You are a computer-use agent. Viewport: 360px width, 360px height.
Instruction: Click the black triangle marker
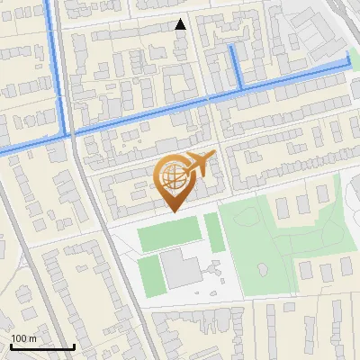pyautogui.click(x=181, y=24)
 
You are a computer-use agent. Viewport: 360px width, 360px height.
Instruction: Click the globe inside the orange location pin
pyautogui.click(x=174, y=176)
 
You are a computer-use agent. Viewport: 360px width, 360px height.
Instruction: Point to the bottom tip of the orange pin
pyautogui.click(x=174, y=211)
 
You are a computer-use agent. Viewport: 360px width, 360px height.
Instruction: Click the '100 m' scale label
pyautogui.click(x=23, y=338)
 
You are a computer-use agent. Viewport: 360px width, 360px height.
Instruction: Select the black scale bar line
pyautogui.click(x=42, y=346)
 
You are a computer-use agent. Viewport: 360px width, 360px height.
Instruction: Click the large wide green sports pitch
pyautogui.click(x=168, y=235)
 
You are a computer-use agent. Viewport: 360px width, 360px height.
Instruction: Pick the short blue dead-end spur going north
pyautogui.click(x=236, y=65)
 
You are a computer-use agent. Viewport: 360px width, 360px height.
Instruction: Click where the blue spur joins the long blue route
pyautogui.click(x=241, y=88)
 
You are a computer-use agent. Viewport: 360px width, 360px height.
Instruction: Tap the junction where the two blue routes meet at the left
pyautogui.click(x=67, y=133)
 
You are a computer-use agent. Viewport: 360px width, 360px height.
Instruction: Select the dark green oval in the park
pyautogui.click(x=262, y=268)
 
